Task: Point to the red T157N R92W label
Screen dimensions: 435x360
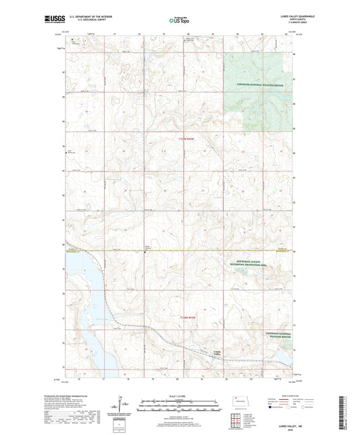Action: [x=179, y=139]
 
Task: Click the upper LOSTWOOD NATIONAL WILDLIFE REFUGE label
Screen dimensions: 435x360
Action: [x=264, y=84]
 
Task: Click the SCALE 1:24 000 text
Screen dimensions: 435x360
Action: [x=180, y=396]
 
